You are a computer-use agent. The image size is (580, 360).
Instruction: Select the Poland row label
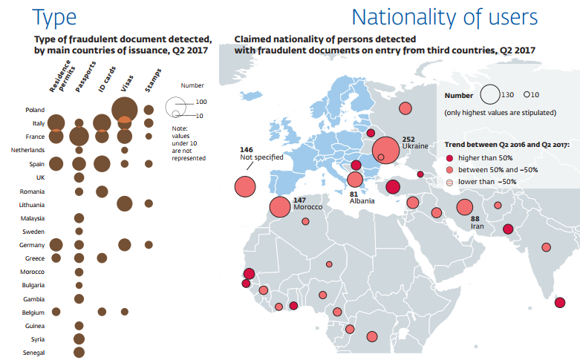(34, 110)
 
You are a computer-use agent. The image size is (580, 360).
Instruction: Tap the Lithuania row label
(32, 204)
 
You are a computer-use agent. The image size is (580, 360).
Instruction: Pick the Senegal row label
(33, 353)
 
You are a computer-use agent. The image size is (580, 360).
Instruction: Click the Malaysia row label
(33, 218)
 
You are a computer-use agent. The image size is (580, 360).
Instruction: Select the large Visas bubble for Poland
(125, 108)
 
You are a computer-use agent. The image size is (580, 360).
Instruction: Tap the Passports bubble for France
(79, 137)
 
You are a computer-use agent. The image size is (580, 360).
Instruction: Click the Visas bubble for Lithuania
(125, 203)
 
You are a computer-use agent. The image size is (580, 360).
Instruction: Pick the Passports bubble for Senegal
(79, 353)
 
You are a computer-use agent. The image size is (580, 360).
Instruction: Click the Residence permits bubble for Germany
(56, 244)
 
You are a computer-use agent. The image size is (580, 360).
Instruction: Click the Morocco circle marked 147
(280, 208)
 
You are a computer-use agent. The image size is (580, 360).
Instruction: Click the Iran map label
(477, 226)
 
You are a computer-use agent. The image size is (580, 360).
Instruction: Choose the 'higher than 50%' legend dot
(449, 158)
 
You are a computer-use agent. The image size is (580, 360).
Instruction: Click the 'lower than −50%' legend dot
(449, 182)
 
